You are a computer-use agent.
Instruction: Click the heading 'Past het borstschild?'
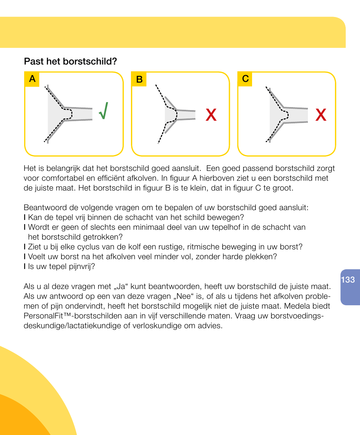[x=70, y=61]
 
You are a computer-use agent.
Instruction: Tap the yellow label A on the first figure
[x=32, y=79]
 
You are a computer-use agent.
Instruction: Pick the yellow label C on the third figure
[x=245, y=79]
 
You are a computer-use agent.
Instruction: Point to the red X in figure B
[x=211, y=115]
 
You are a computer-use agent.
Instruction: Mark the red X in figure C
[x=320, y=115]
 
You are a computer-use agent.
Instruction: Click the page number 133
[x=348, y=280]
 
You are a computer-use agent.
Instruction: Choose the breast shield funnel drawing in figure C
[x=285, y=114]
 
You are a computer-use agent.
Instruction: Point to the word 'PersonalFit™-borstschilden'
[x=68, y=315]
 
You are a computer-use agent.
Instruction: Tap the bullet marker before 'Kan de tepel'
[x=25, y=218]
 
